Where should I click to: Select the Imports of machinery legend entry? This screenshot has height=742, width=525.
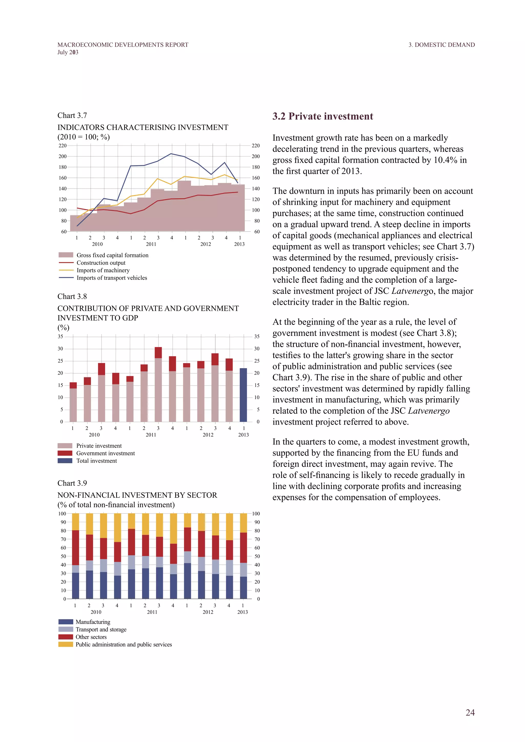(103, 270)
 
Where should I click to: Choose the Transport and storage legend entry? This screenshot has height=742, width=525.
(101, 630)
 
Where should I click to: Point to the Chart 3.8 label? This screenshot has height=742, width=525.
(72, 296)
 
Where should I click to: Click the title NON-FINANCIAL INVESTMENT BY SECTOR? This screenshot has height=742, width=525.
(137, 495)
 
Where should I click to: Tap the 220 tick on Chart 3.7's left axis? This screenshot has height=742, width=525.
(62, 146)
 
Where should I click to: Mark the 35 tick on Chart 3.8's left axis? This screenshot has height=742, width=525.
(60, 336)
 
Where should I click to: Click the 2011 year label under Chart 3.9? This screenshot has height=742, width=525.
(152, 612)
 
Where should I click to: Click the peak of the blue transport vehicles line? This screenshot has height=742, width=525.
(171, 154)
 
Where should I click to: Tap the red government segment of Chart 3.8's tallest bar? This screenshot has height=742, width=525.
(158, 353)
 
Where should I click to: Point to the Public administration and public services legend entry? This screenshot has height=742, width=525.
(124, 644)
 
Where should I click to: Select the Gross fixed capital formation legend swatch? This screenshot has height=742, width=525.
(66, 255)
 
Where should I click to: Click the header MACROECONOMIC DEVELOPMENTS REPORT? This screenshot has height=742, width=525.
(123, 45)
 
